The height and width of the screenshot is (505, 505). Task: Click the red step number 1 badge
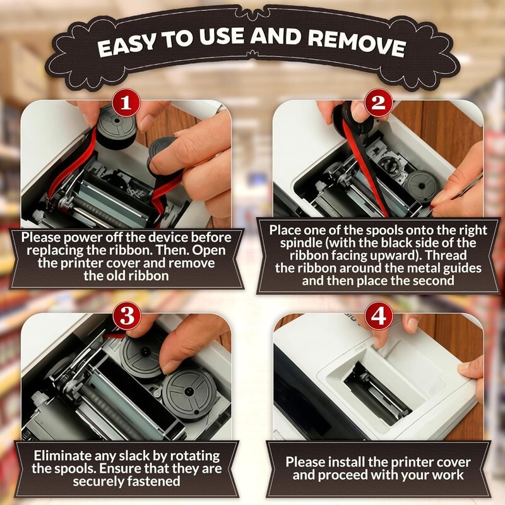[126, 103]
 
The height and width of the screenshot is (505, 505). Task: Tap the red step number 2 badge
[379, 103]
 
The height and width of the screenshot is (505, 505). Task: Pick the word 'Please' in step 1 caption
[41, 238]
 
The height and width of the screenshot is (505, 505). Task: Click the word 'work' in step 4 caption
[448, 475]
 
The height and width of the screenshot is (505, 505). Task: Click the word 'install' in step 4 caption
[343, 463]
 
